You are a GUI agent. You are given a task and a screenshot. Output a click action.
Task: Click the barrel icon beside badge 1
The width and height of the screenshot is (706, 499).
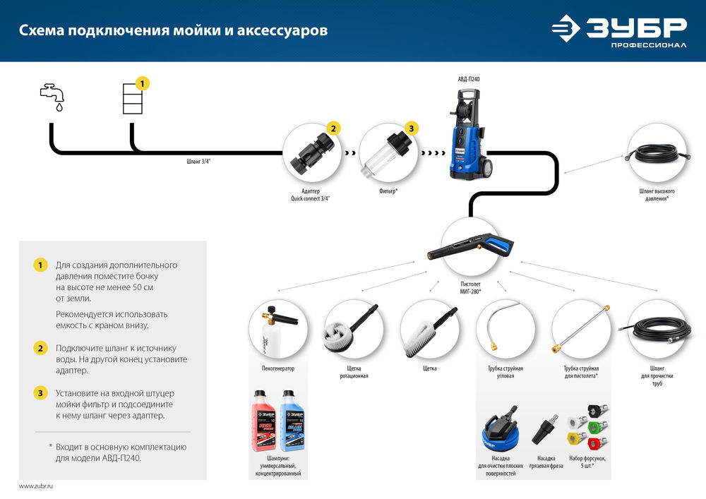click(x=132, y=98)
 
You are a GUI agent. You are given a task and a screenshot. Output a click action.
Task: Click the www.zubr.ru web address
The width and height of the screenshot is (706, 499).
click(x=36, y=487)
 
